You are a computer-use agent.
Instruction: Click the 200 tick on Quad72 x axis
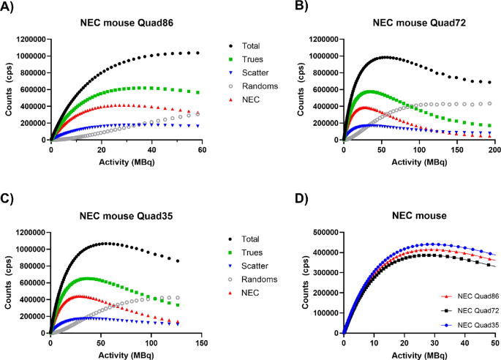pos(493,149)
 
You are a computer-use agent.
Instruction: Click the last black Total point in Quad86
pos(197,53)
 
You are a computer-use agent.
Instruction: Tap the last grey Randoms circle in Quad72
pos(489,103)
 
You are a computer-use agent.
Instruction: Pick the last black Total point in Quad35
pos(178,261)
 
